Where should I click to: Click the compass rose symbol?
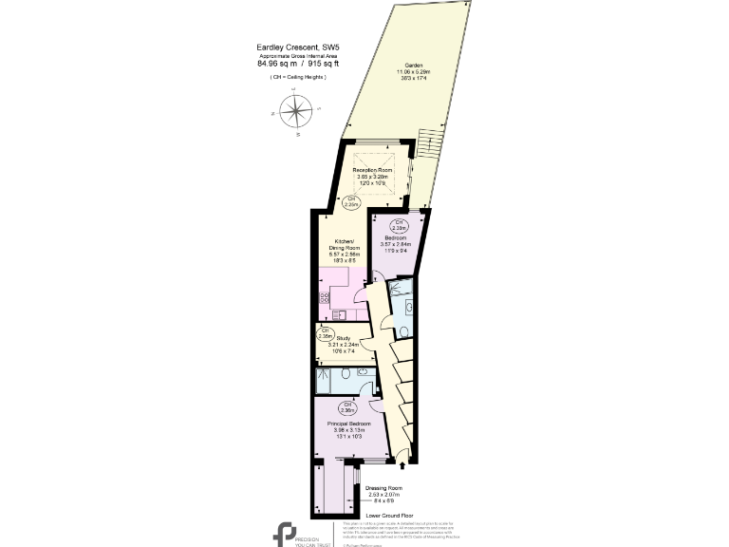coord(298,111)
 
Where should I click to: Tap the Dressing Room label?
coord(383,494)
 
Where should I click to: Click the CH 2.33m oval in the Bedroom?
coord(400,227)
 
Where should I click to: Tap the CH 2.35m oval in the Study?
coord(326,333)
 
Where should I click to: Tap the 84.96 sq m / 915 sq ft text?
coord(298,64)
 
